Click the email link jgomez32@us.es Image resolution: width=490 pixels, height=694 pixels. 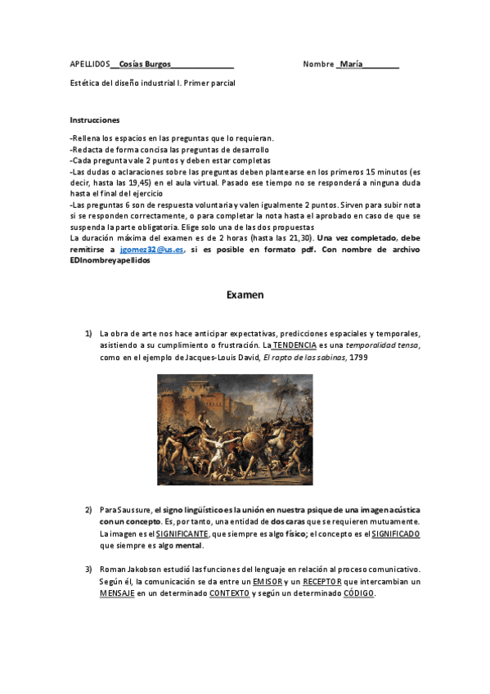pos(151,249)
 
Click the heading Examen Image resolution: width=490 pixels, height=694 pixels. pos(245,295)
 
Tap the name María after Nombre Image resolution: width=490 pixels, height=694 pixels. pos(351,63)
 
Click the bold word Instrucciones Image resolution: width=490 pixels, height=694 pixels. pos(95,119)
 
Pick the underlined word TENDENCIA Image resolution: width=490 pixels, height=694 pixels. pos(294,346)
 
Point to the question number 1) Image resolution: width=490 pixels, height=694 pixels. pos(89,334)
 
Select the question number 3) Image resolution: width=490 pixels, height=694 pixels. pos(89,569)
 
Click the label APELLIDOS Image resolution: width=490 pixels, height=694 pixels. pos(90,63)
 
